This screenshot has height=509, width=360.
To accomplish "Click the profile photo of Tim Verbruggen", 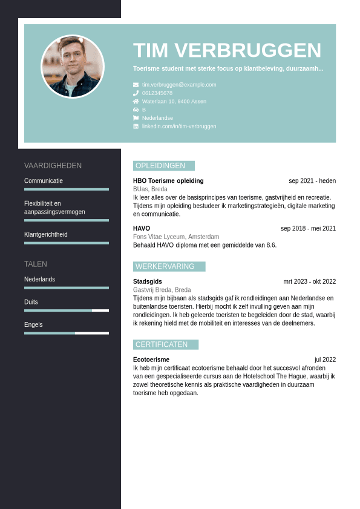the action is [x=73, y=67].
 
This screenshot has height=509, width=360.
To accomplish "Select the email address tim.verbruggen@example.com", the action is [x=179, y=85].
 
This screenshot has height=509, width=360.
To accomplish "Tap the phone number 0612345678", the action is [x=157, y=93].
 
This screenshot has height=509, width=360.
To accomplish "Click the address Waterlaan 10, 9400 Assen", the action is [x=174, y=102].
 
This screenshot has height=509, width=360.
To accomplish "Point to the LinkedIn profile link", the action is [x=179, y=126].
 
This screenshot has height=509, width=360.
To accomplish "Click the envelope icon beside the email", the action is [x=136, y=85].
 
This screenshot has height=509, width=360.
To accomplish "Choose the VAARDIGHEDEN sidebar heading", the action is [x=53, y=166].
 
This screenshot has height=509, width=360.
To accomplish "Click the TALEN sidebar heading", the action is [x=36, y=264].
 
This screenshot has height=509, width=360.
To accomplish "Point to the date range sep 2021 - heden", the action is [x=312, y=181].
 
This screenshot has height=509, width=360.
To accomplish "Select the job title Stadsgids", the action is [x=148, y=281].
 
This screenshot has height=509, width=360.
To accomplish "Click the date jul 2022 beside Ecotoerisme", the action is [x=325, y=360].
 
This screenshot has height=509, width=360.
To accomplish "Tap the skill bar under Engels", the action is [x=67, y=333].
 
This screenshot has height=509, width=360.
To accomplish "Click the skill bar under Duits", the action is [x=67, y=310].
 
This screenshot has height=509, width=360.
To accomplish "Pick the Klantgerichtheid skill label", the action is [x=46, y=234].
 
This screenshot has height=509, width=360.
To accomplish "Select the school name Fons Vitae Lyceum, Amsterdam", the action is [x=176, y=237].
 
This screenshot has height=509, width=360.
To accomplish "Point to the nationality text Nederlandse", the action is [x=157, y=118].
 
